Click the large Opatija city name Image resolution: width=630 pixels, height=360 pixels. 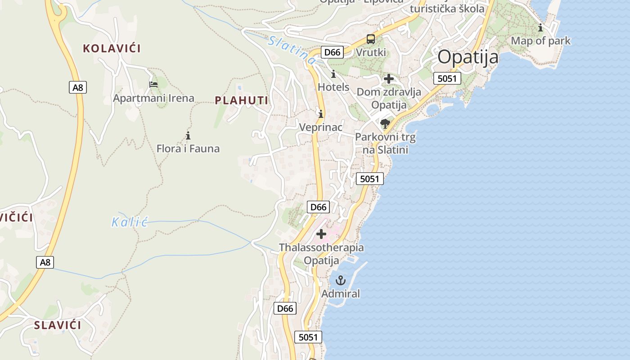coord(468,57)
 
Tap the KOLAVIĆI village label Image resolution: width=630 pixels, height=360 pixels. coord(112,49)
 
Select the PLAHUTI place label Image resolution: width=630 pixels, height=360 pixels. coord(241,100)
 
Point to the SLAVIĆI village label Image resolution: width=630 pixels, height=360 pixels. coord(58,325)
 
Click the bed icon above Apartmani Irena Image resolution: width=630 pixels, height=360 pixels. coord(153,84)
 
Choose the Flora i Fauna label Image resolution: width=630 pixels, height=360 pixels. coord(188,148)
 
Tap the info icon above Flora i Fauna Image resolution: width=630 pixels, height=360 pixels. coord(188,135)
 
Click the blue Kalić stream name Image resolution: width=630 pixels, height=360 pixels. coord(130,222)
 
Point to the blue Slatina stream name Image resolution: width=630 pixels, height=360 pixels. coord(291,49)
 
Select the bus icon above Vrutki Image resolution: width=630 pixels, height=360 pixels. coord(371,39)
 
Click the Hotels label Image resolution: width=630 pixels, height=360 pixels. coord(333,87)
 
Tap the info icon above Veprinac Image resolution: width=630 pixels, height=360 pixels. coord(321,114)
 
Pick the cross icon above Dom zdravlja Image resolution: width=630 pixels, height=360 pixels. coord(389,79)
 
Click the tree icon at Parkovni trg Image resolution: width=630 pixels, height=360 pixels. coord(385,123)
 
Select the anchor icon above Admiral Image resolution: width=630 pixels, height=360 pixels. coord(341,281)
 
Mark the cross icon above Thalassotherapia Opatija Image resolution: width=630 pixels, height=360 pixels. coord(321,234)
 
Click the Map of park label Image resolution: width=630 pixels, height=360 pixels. coord(540,41)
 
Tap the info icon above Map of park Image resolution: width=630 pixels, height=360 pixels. coord(540,28)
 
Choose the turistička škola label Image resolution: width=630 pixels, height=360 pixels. coord(447,9)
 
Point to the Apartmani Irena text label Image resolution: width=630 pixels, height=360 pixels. coord(153,98)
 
